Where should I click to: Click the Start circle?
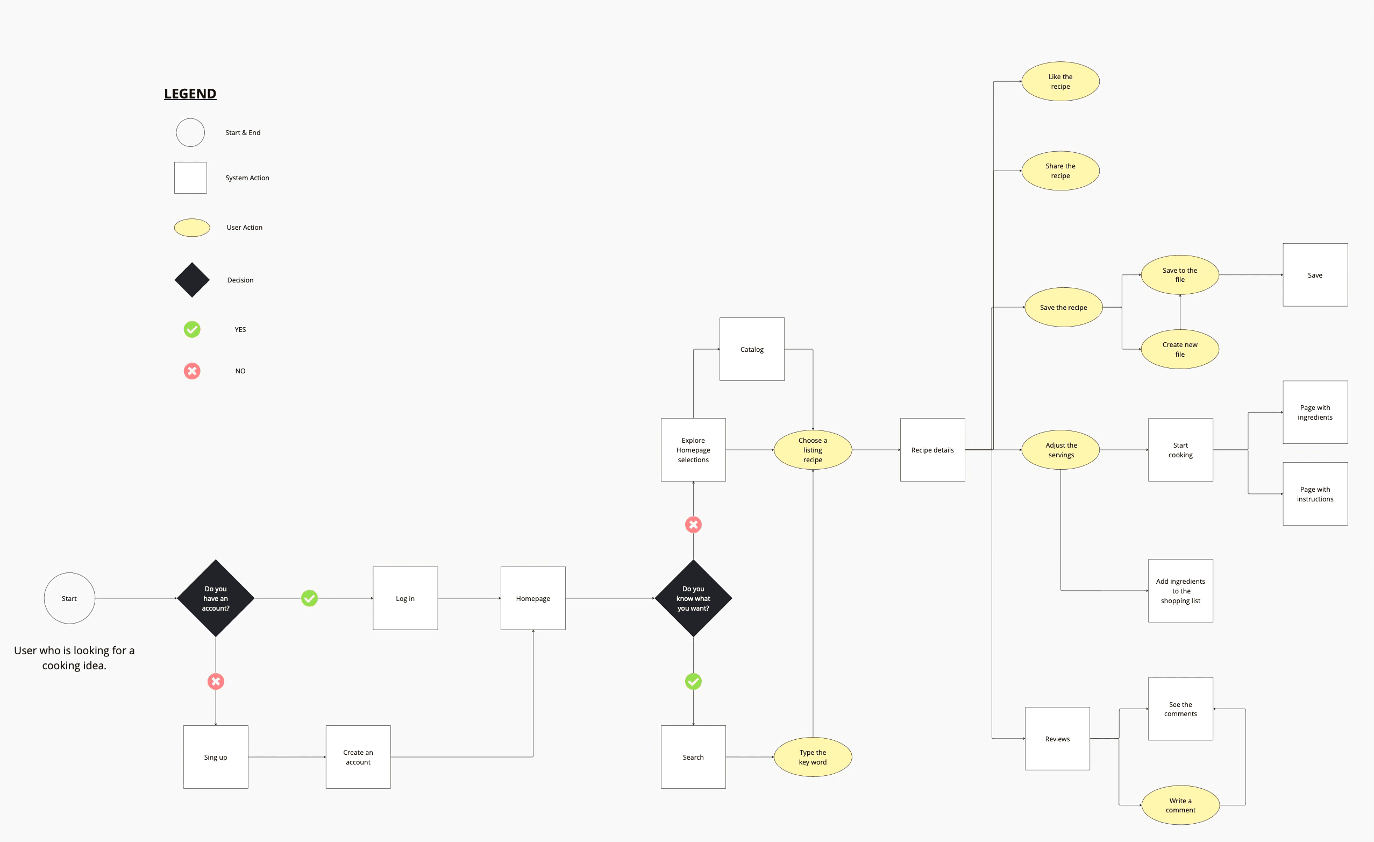(x=69, y=598)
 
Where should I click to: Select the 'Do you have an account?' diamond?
(x=216, y=598)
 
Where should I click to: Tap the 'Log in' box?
(x=405, y=598)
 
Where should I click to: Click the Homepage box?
(x=533, y=598)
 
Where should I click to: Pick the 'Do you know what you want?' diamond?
(x=693, y=598)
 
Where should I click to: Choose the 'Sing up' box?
(x=216, y=756)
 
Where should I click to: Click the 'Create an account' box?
(x=358, y=756)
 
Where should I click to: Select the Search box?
(x=693, y=756)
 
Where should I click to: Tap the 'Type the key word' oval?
(x=813, y=756)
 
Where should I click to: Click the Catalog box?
(x=752, y=349)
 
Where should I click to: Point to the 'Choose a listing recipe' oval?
(x=813, y=450)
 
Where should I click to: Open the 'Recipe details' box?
(x=932, y=450)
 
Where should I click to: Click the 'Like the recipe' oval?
(x=1060, y=81)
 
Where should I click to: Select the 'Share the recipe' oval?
(x=1060, y=171)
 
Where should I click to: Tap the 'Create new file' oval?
(x=1180, y=349)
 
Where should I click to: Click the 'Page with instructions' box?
(x=1315, y=494)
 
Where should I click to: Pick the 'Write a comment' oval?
(x=1180, y=805)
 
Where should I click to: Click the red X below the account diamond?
(x=216, y=681)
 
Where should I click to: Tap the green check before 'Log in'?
(x=309, y=598)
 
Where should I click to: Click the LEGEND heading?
(x=190, y=94)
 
